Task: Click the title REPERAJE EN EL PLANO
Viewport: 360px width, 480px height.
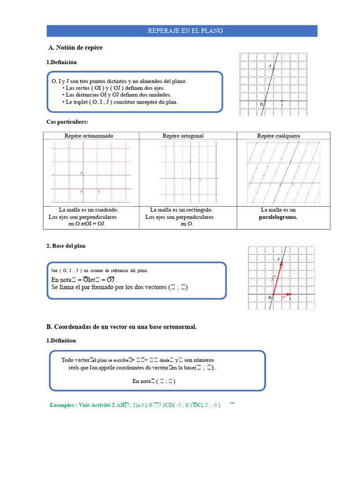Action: (x=185, y=31)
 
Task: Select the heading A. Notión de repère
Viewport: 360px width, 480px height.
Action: (x=75, y=48)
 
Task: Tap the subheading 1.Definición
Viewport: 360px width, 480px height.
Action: (x=61, y=62)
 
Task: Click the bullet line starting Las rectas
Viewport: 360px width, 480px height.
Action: (x=115, y=88)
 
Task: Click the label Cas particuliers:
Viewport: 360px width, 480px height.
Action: (x=67, y=122)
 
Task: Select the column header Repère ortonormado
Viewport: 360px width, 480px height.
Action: (x=89, y=136)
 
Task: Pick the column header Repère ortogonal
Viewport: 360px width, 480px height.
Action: (x=183, y=136)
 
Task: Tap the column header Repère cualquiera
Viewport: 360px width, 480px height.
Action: (x=278, y=136)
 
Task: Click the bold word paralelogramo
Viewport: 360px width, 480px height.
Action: (x=278, y=217)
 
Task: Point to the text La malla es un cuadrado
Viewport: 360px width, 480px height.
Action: (x=88, y=210)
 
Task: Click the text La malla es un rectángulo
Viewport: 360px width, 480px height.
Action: (x=181, y=210)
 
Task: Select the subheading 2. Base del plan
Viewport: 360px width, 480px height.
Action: (x=66, y=246)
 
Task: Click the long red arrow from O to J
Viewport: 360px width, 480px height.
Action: (x=277, y=277)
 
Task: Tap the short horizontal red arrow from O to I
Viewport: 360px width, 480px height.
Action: (x=281, y=294)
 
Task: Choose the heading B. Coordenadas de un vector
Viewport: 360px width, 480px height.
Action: (x=121, y=327)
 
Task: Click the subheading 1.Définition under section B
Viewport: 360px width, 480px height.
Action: (x=61, y=341)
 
